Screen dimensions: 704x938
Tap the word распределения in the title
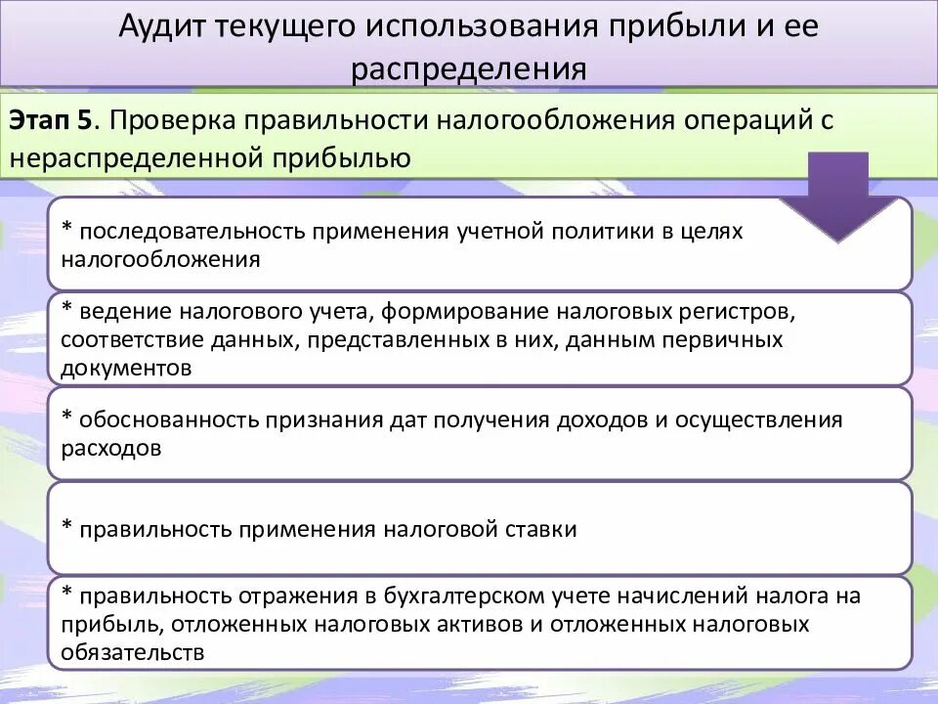pos(469,68)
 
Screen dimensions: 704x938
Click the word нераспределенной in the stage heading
pos(108,155)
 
